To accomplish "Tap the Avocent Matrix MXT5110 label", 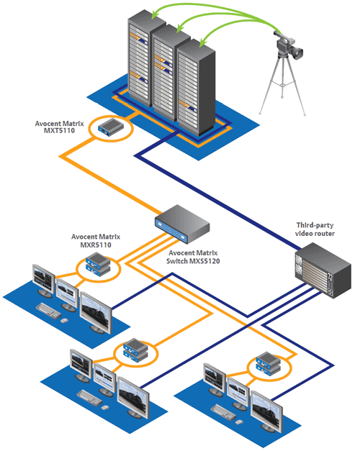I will [60, 127].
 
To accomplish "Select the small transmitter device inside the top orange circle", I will [113, 128].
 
